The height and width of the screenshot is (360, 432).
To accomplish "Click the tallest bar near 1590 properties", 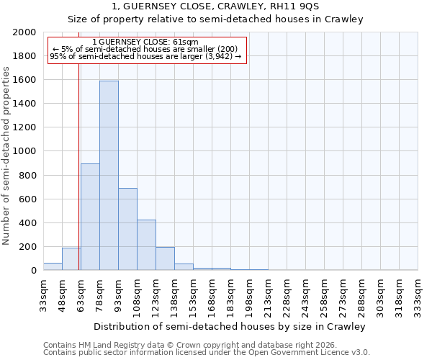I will coord(109,176).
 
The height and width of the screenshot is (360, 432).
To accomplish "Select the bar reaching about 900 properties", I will coord(90,217).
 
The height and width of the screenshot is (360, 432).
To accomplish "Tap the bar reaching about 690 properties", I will coord(127,229).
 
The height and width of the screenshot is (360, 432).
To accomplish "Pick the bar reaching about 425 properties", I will coord(146,245).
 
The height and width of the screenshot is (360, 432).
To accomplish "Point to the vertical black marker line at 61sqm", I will coord(78,166).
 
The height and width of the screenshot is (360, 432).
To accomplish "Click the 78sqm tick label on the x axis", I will coord(99,293).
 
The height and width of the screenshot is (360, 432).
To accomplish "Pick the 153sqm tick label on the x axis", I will coord(193,294).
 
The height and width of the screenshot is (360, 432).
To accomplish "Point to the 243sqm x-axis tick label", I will coord(305,294).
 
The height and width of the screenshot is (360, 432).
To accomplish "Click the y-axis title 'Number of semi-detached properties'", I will coord(6,156).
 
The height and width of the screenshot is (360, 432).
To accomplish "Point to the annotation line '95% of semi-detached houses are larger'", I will coord(146,56).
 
